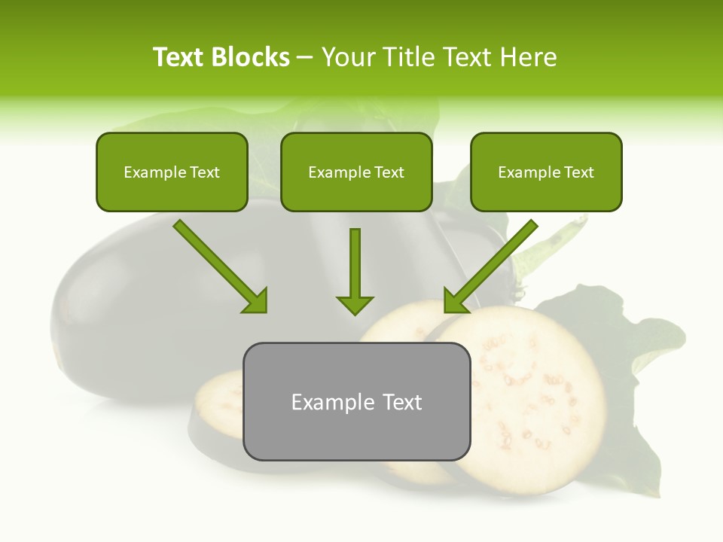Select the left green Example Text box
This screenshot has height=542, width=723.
tap(172, 172)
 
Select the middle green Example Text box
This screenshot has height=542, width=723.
tap(356, 172)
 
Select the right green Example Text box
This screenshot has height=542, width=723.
tap(546, 172)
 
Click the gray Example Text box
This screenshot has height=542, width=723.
tap(356, 401)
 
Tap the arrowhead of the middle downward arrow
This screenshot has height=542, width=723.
tap(355, 304)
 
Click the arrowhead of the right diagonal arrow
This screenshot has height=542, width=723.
tap(455, 302)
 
